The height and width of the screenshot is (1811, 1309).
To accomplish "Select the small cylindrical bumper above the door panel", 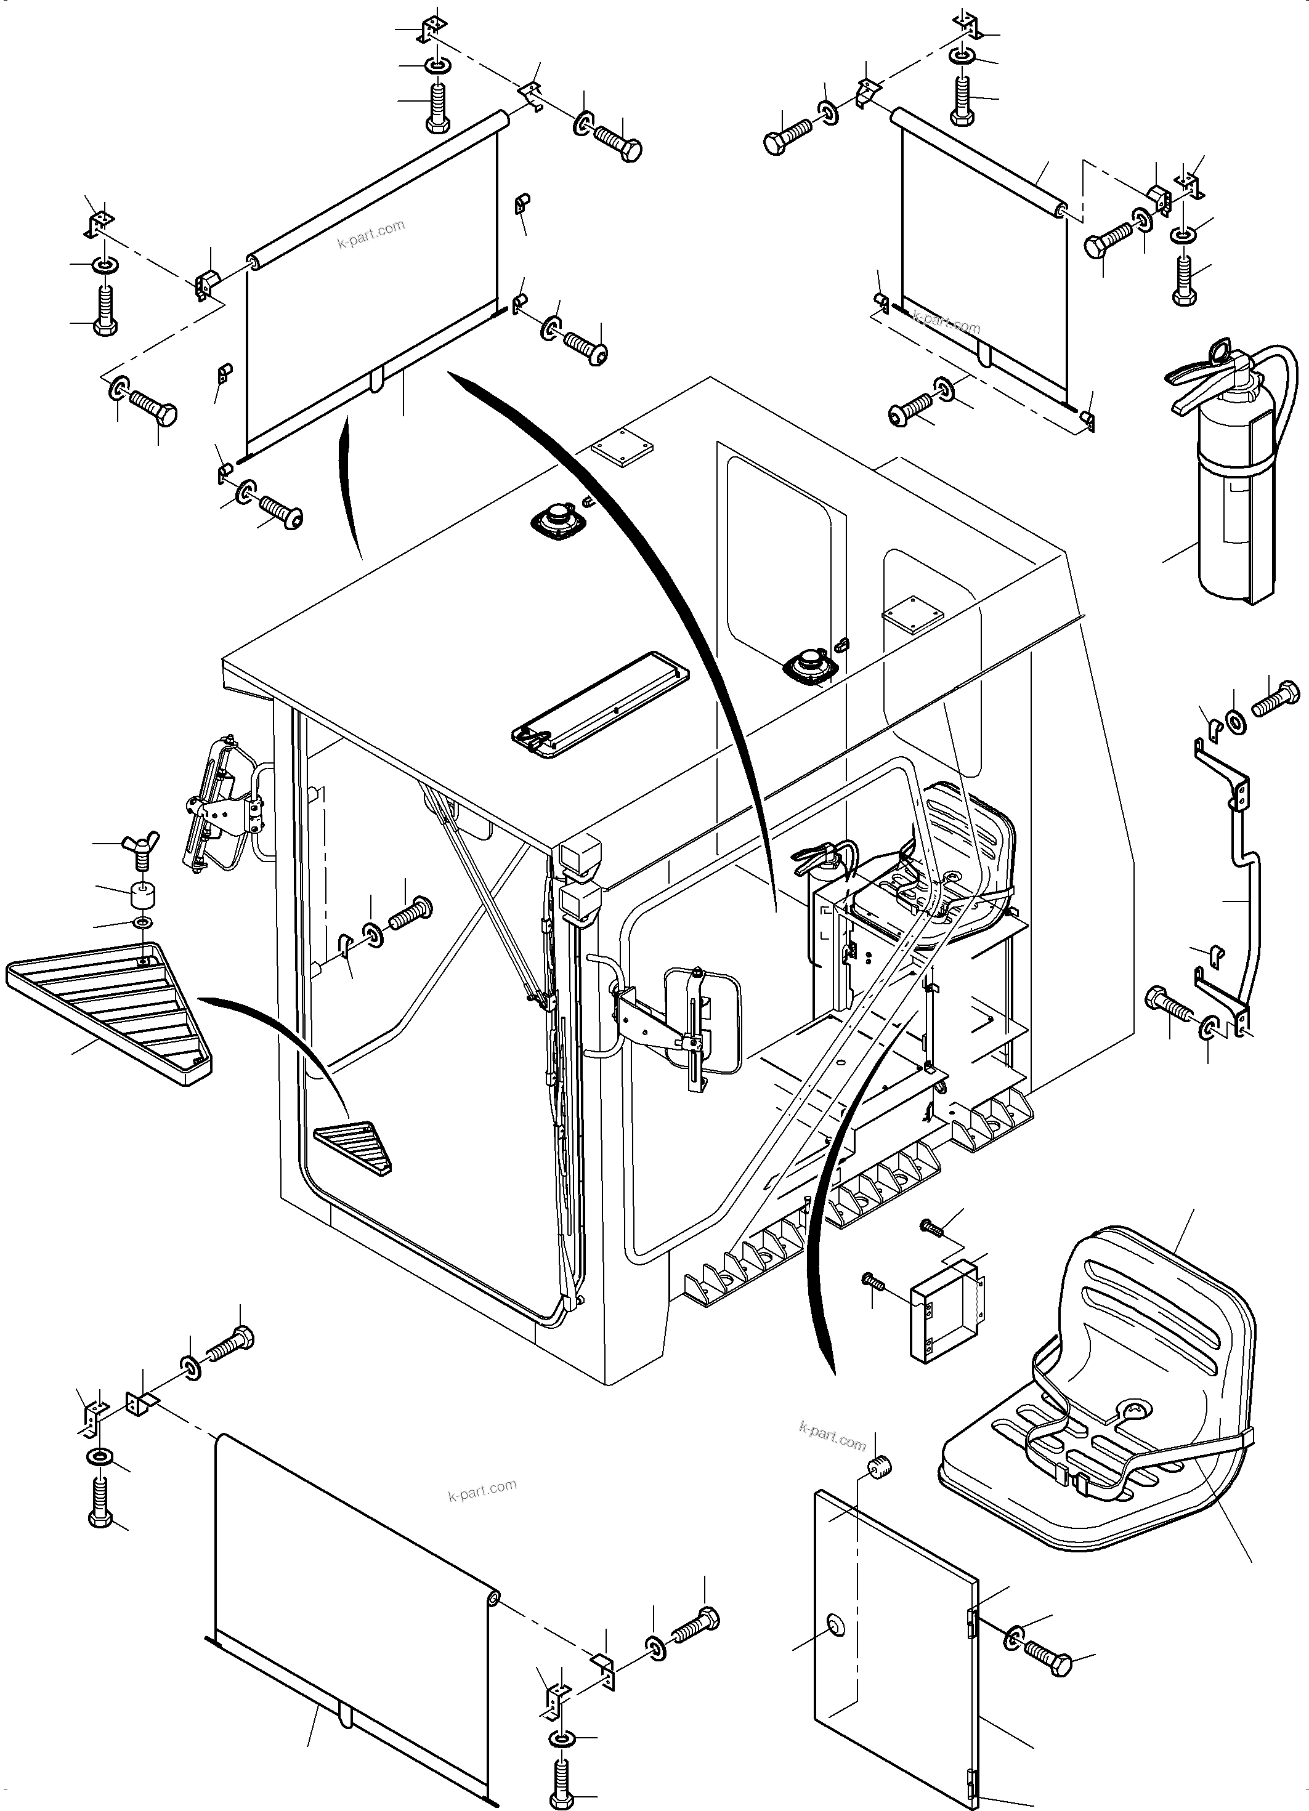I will pos(879,1467).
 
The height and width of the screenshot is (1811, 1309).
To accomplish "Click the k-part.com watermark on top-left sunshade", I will pos(370,234).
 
